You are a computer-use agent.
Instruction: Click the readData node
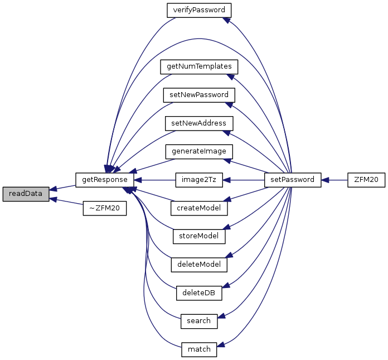pyautogui.click(x=26, y=194)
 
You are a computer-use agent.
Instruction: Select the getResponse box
pyautogui.click(x=105, y=180)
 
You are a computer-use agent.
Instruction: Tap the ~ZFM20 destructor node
pyautogui.click(x=105, y=208)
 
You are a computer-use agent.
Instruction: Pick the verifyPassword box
pyautogui.click(x=199, y=11)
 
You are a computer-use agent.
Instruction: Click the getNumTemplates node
pyautogui.click(x=199, y=67)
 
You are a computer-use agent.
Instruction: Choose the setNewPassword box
pyautogui.click(x=199, y=95)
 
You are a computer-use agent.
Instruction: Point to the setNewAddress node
pyautogui.click(x=199, y=123)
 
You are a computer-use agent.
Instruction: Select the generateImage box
pyautogui.click(x=199, y=152)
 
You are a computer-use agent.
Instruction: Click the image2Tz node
pyautogui.click(x=199, y=180)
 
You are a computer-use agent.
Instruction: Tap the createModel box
pyautogui.click(x=199, y=208)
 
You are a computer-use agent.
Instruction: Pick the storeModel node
pyautogui.click(x=199, y=236)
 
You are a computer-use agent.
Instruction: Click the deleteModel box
pyautogui.click(x=199, y=265)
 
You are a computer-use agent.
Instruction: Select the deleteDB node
pyautogui.click(x=199, y=293)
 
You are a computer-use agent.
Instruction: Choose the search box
pyautogui.click(x=199, y=321)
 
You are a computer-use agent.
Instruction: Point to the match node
pyautogui.click(x=199, y=349)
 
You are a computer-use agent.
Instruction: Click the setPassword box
pyautogui.click(x=293, y=180)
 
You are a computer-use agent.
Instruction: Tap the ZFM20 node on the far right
pyautogui.click(x=366, y=180)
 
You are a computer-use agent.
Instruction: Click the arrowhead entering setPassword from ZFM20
pyautogui.click(x=325, y=180)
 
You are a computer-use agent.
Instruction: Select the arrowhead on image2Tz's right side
pyautogui.click(x=227, y=180)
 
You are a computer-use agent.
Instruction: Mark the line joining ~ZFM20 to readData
pyautogui.click(x=66, y=201)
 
